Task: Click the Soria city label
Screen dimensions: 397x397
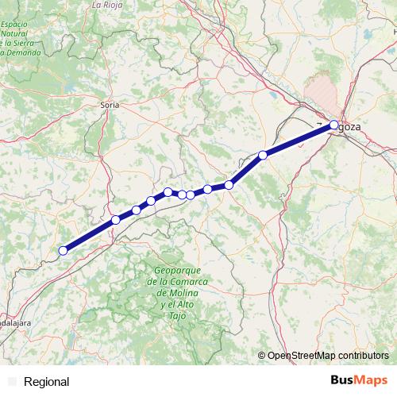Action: coord(110,104)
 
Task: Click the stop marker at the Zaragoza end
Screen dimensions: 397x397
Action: coord(334,124)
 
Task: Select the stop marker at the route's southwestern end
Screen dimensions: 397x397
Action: coord(63,251)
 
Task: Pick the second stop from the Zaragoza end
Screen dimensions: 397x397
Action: coord(263,155)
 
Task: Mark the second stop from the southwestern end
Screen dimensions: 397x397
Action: coord(116,220)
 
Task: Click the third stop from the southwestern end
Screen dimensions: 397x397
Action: coord(137,210)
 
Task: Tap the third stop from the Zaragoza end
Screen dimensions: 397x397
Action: coord(229,185)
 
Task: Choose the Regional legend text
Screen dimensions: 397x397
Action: coord(46,382)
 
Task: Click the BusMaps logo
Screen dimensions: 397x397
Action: coord(360,381)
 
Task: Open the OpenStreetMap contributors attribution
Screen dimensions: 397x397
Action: coord(327,356)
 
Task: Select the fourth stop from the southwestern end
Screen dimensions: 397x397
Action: coord(151,201)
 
